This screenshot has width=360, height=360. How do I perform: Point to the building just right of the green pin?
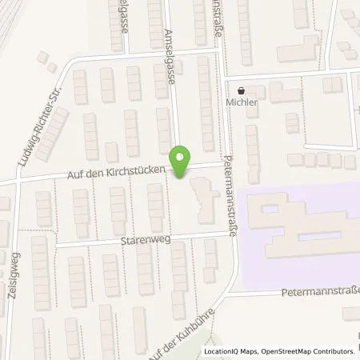click(x=203, y=200)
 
